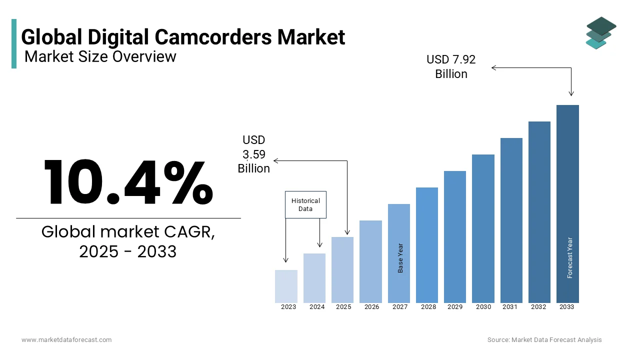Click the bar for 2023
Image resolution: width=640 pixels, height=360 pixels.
click(286, 286)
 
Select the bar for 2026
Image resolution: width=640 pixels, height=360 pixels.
click(370, 261)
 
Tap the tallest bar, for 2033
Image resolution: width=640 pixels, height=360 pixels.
click(567, 203)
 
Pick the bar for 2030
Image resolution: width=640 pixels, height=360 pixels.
click(483, 228)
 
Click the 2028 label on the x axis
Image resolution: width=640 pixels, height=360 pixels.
click(428, 307)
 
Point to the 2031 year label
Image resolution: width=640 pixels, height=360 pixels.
click(510, 307)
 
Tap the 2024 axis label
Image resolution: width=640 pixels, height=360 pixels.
click(317, 307)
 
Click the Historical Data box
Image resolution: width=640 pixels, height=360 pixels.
click(305, 204)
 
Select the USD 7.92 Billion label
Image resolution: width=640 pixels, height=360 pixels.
click(451, 66)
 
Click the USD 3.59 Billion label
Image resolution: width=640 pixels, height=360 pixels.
click(254, 154)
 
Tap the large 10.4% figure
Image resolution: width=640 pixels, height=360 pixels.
click(128, 182)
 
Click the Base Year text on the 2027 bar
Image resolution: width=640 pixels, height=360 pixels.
click(400, 258)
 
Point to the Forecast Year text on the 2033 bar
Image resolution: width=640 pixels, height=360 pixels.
click(569, 257)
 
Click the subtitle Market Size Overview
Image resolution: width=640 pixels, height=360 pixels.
click(100, 56)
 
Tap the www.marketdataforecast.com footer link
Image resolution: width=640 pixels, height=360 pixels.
click(66, 339)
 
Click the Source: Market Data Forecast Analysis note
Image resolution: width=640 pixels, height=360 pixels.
click(544, 339)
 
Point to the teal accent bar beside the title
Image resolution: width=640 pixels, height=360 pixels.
click(14, 43)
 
